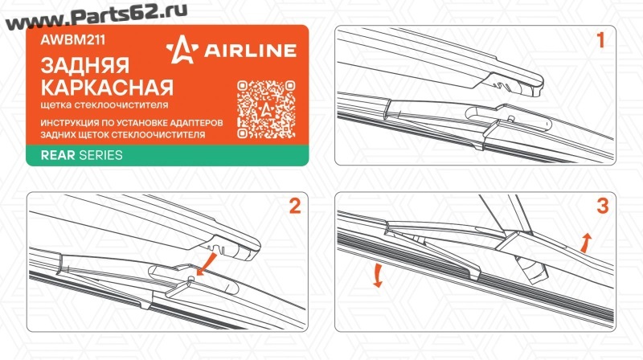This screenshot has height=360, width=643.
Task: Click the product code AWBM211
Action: pos(72,39)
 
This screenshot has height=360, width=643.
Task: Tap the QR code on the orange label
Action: pos(266,109)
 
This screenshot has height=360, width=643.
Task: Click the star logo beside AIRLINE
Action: pos(182,50)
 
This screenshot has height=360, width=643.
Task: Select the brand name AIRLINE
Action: pos(250,51)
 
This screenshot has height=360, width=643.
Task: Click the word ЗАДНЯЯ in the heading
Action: pos(85,66)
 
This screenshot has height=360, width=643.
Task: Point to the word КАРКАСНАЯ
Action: pos(107,88)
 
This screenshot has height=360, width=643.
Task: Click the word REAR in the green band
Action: pos(58,155)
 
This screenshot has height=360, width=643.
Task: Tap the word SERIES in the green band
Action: pos(101,155)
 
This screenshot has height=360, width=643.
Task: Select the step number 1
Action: pos(600,40)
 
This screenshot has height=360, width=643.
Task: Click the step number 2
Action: pos(295,206)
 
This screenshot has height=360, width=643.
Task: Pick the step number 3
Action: pos(602,206)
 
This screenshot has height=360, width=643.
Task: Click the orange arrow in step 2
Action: pos(207,264)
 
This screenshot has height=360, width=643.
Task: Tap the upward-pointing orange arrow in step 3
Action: pos(586,243)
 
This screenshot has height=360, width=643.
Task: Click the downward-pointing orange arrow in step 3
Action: pos(378,276)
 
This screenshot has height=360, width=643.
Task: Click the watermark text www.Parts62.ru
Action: pos(96,16)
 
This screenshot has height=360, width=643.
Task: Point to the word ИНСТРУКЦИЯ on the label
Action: pos(70,123)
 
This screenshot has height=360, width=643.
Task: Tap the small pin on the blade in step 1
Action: pos(510,118)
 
